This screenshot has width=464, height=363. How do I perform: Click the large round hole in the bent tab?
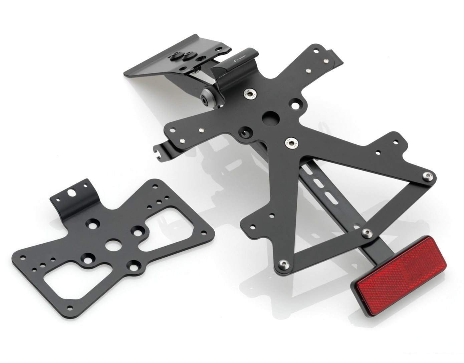click(x=71, y=193)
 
